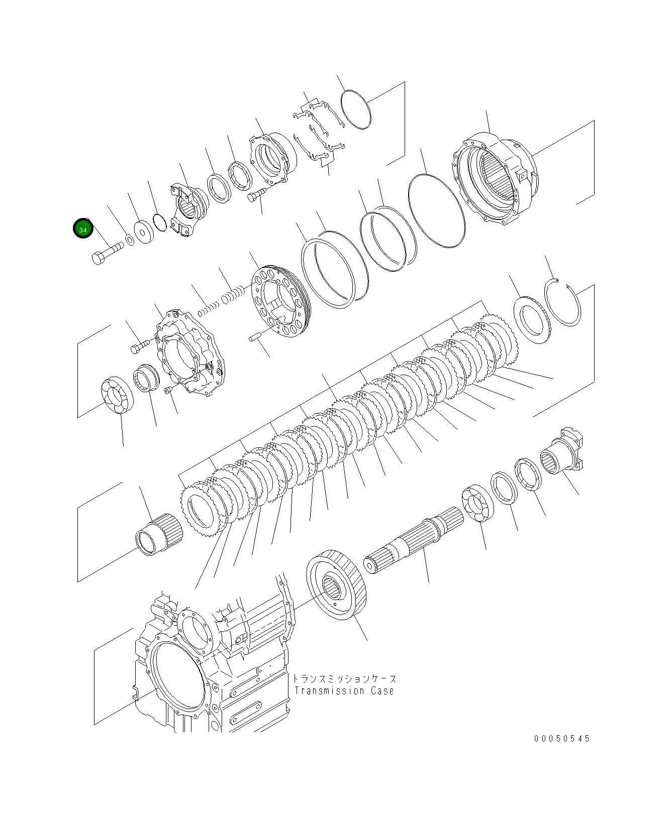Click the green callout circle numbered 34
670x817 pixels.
[x=83, y=229]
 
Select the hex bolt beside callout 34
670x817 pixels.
[x=107, y=253]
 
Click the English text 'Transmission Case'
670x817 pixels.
[x=344, y=691]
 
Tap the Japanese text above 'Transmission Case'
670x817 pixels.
[x=344, y=678]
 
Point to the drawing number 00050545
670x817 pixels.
[x=562, y=739]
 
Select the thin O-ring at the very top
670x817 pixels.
[x=355, y=109]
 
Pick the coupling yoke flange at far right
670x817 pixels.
[x=563, y=455]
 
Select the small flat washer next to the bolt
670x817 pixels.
[x=130, y=240]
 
